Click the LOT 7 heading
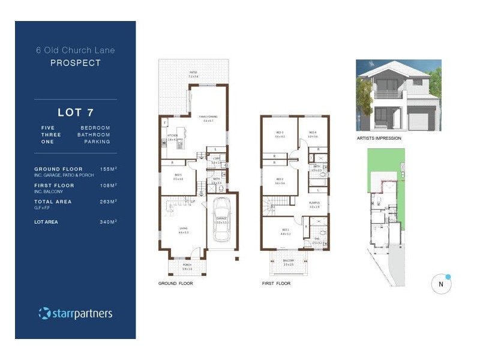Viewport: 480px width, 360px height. (x=75, y=112)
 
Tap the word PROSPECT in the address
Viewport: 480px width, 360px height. (x=75, y=62)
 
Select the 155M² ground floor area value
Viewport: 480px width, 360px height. (x=108, y=169)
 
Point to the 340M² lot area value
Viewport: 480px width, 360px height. (x=108, y=222)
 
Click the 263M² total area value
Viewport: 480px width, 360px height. (x=108, y=202)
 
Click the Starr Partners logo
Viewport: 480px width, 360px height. (x=75, y=313)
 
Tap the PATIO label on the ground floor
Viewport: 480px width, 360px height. (x=193, y=73)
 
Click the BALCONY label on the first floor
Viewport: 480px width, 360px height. (x=289, y=260)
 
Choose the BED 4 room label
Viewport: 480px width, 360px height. (x=313, y=133)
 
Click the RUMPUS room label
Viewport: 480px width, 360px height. (x=314, y=203)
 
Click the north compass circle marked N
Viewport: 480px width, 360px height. (x=441, y=284)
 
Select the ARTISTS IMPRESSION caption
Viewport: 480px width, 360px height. (x=379, y=138)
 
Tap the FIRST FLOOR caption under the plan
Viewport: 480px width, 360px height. (x=276, y=283)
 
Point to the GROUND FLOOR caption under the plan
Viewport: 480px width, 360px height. (x=175, y=283)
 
